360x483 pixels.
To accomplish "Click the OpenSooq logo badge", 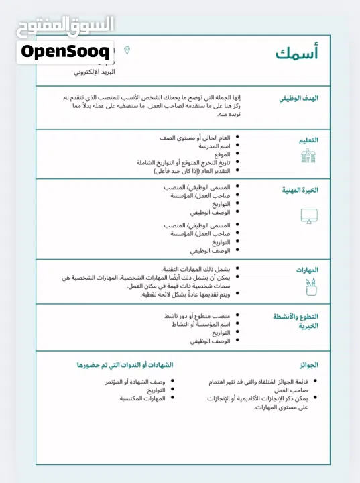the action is [65, 51].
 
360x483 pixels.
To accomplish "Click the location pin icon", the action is [127, 50].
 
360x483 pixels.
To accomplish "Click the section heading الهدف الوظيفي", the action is [299, 98].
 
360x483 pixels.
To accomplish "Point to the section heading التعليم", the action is [308, 140].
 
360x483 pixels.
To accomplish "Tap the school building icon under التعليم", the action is [308, 156].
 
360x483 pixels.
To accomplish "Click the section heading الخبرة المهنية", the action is [300, 190].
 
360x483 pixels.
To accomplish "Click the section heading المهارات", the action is [307, 270].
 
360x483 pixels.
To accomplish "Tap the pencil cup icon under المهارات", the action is [309, 287].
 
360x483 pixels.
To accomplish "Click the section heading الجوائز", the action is [308, 365].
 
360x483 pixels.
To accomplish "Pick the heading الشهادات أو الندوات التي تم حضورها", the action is [125, 365].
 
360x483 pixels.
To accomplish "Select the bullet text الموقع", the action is [221, 154].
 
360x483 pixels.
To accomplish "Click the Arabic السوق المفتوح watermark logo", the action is [65, 25].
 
